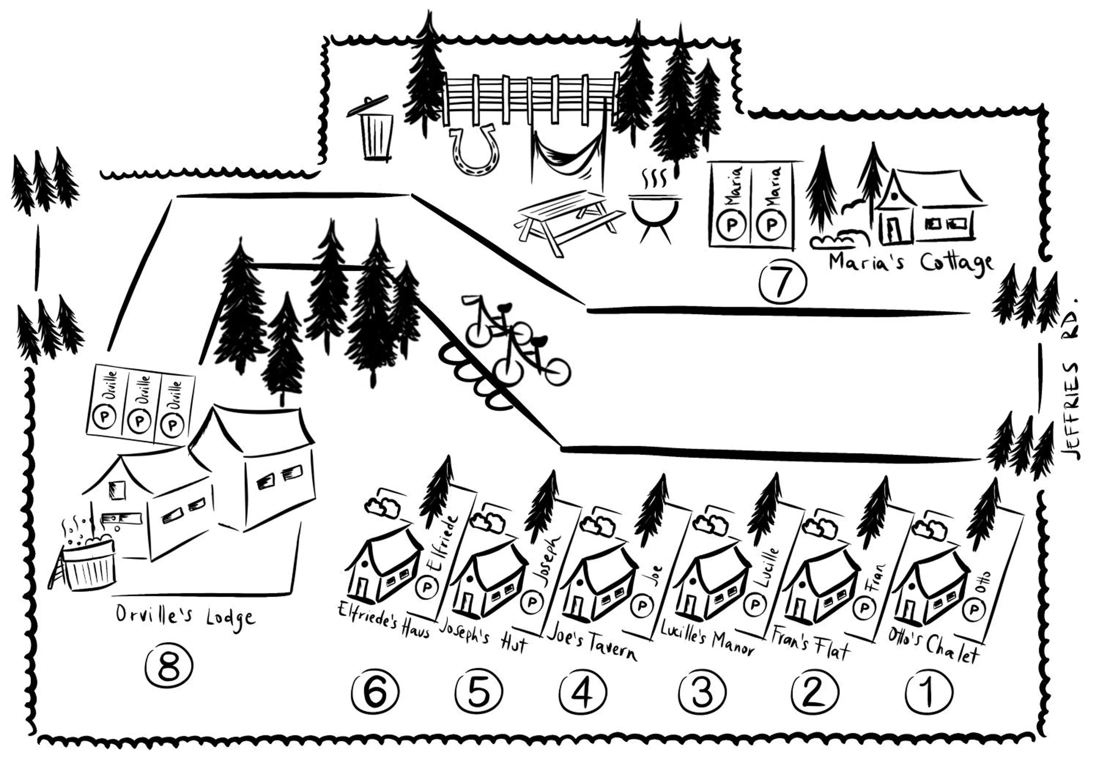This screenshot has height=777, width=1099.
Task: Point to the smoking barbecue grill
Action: coord(655,211)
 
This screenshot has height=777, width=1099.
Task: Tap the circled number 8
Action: coord(169,666)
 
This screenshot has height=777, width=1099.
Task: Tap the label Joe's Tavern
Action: coord(592,643)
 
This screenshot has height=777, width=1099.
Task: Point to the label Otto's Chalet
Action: coord(934,646)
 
